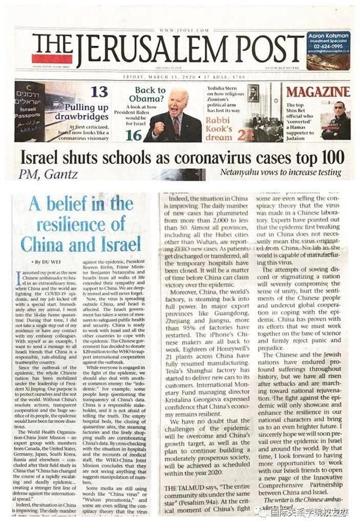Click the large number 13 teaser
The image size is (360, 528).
99,91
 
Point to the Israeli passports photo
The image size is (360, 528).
30,111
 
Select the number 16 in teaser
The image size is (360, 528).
133,134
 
